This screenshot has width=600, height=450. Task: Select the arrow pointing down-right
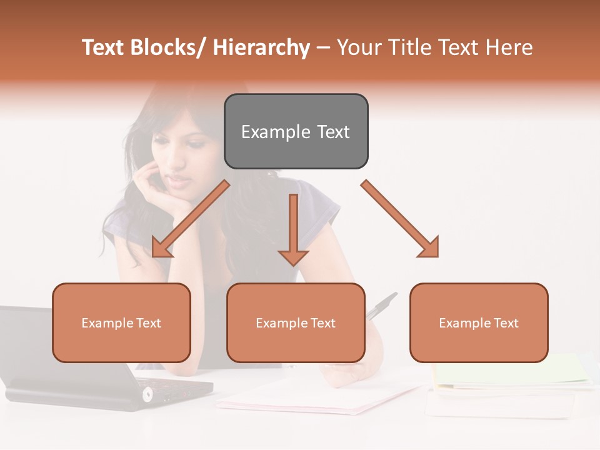(x=400, y=219)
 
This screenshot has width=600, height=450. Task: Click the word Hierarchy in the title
(x=261, y=47)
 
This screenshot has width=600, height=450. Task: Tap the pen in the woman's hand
(x=382, y=306)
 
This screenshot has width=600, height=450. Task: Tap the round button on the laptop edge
(x=147, y=394)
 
